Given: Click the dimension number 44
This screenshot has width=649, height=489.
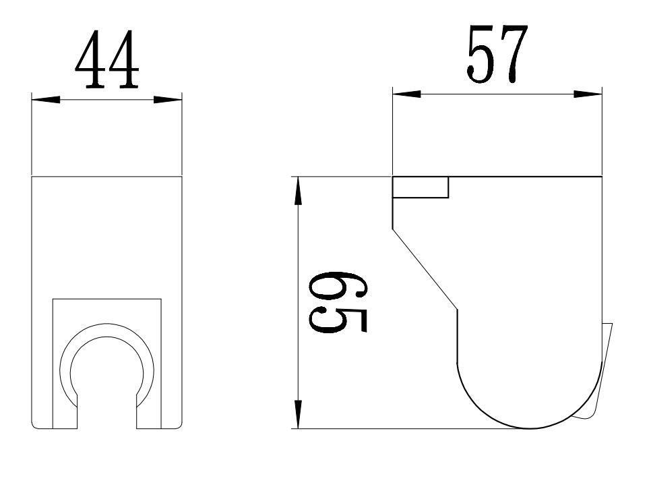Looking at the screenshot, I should tap(107, 61).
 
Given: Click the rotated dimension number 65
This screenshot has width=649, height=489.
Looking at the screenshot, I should tap(337, 302).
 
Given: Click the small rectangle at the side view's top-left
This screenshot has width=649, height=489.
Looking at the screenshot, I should tap(421, 188).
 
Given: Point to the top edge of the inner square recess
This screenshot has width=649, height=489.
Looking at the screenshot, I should tap(108, 298).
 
